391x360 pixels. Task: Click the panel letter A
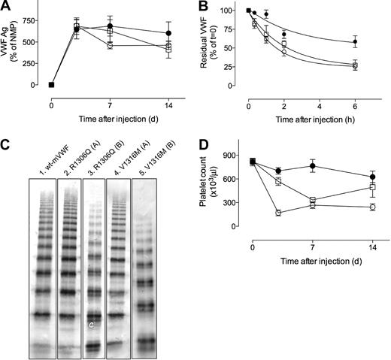pyautogui.click(x=7, y=8)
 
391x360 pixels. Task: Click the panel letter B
pyautogui.click(x=208, y=8)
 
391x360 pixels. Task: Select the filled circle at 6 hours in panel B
pyautogui.click(x=356, y=41)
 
